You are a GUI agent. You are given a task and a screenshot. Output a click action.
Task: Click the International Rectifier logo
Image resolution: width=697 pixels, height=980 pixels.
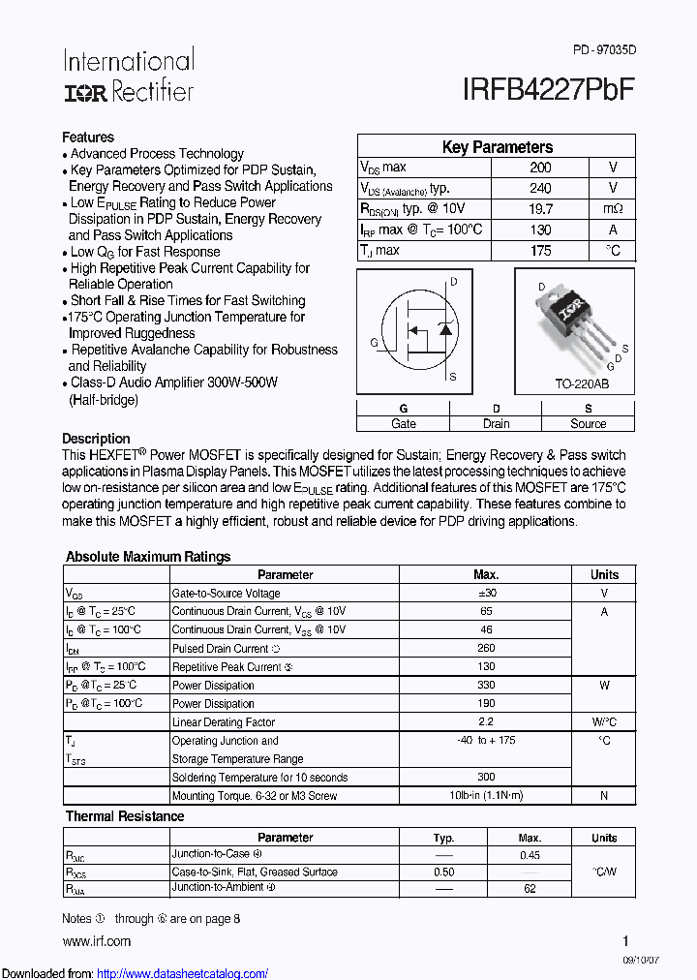[x=129, y=76]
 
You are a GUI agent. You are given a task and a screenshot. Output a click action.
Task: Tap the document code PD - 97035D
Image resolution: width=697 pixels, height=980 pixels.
[x=605, y=49]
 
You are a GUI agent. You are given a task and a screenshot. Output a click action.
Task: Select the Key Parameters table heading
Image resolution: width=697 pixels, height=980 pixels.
[x=497, y=147]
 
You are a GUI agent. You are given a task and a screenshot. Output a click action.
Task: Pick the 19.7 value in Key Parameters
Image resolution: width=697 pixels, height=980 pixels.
[x=540, y=209]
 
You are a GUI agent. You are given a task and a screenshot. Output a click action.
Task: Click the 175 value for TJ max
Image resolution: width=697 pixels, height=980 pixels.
[x=540, y=251]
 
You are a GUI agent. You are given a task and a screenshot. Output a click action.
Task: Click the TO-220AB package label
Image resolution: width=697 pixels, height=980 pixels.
[x=581, y=384]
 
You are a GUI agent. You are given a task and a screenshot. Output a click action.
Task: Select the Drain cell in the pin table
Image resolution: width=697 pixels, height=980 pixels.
[x=496, y=423]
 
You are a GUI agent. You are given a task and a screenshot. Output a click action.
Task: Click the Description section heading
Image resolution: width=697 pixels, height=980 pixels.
[x=96, y=439]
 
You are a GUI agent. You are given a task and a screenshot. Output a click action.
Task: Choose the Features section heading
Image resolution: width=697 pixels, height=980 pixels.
[x=88, y=138]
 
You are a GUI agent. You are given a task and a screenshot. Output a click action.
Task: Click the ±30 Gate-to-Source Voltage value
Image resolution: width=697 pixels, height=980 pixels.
[x=486, y=593]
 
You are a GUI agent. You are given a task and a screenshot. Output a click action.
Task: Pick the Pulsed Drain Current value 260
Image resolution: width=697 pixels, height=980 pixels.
[x=486, y=648]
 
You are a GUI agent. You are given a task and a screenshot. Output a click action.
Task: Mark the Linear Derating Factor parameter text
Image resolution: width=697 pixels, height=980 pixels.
[x=224, y=722]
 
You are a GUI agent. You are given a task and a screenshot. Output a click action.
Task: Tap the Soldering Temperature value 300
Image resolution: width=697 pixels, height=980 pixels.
[x=486, y=777]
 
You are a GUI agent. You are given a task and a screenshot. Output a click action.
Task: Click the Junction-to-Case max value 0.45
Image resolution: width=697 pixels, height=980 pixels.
[x=530, y=855]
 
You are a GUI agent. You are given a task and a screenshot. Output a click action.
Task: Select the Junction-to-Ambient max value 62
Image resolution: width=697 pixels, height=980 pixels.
[x=530, y=888]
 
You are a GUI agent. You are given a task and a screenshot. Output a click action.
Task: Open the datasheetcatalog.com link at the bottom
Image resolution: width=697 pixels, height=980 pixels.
[x=183, y=974]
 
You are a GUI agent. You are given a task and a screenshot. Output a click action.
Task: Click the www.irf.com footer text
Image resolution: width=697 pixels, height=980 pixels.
[x=96, y=941]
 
